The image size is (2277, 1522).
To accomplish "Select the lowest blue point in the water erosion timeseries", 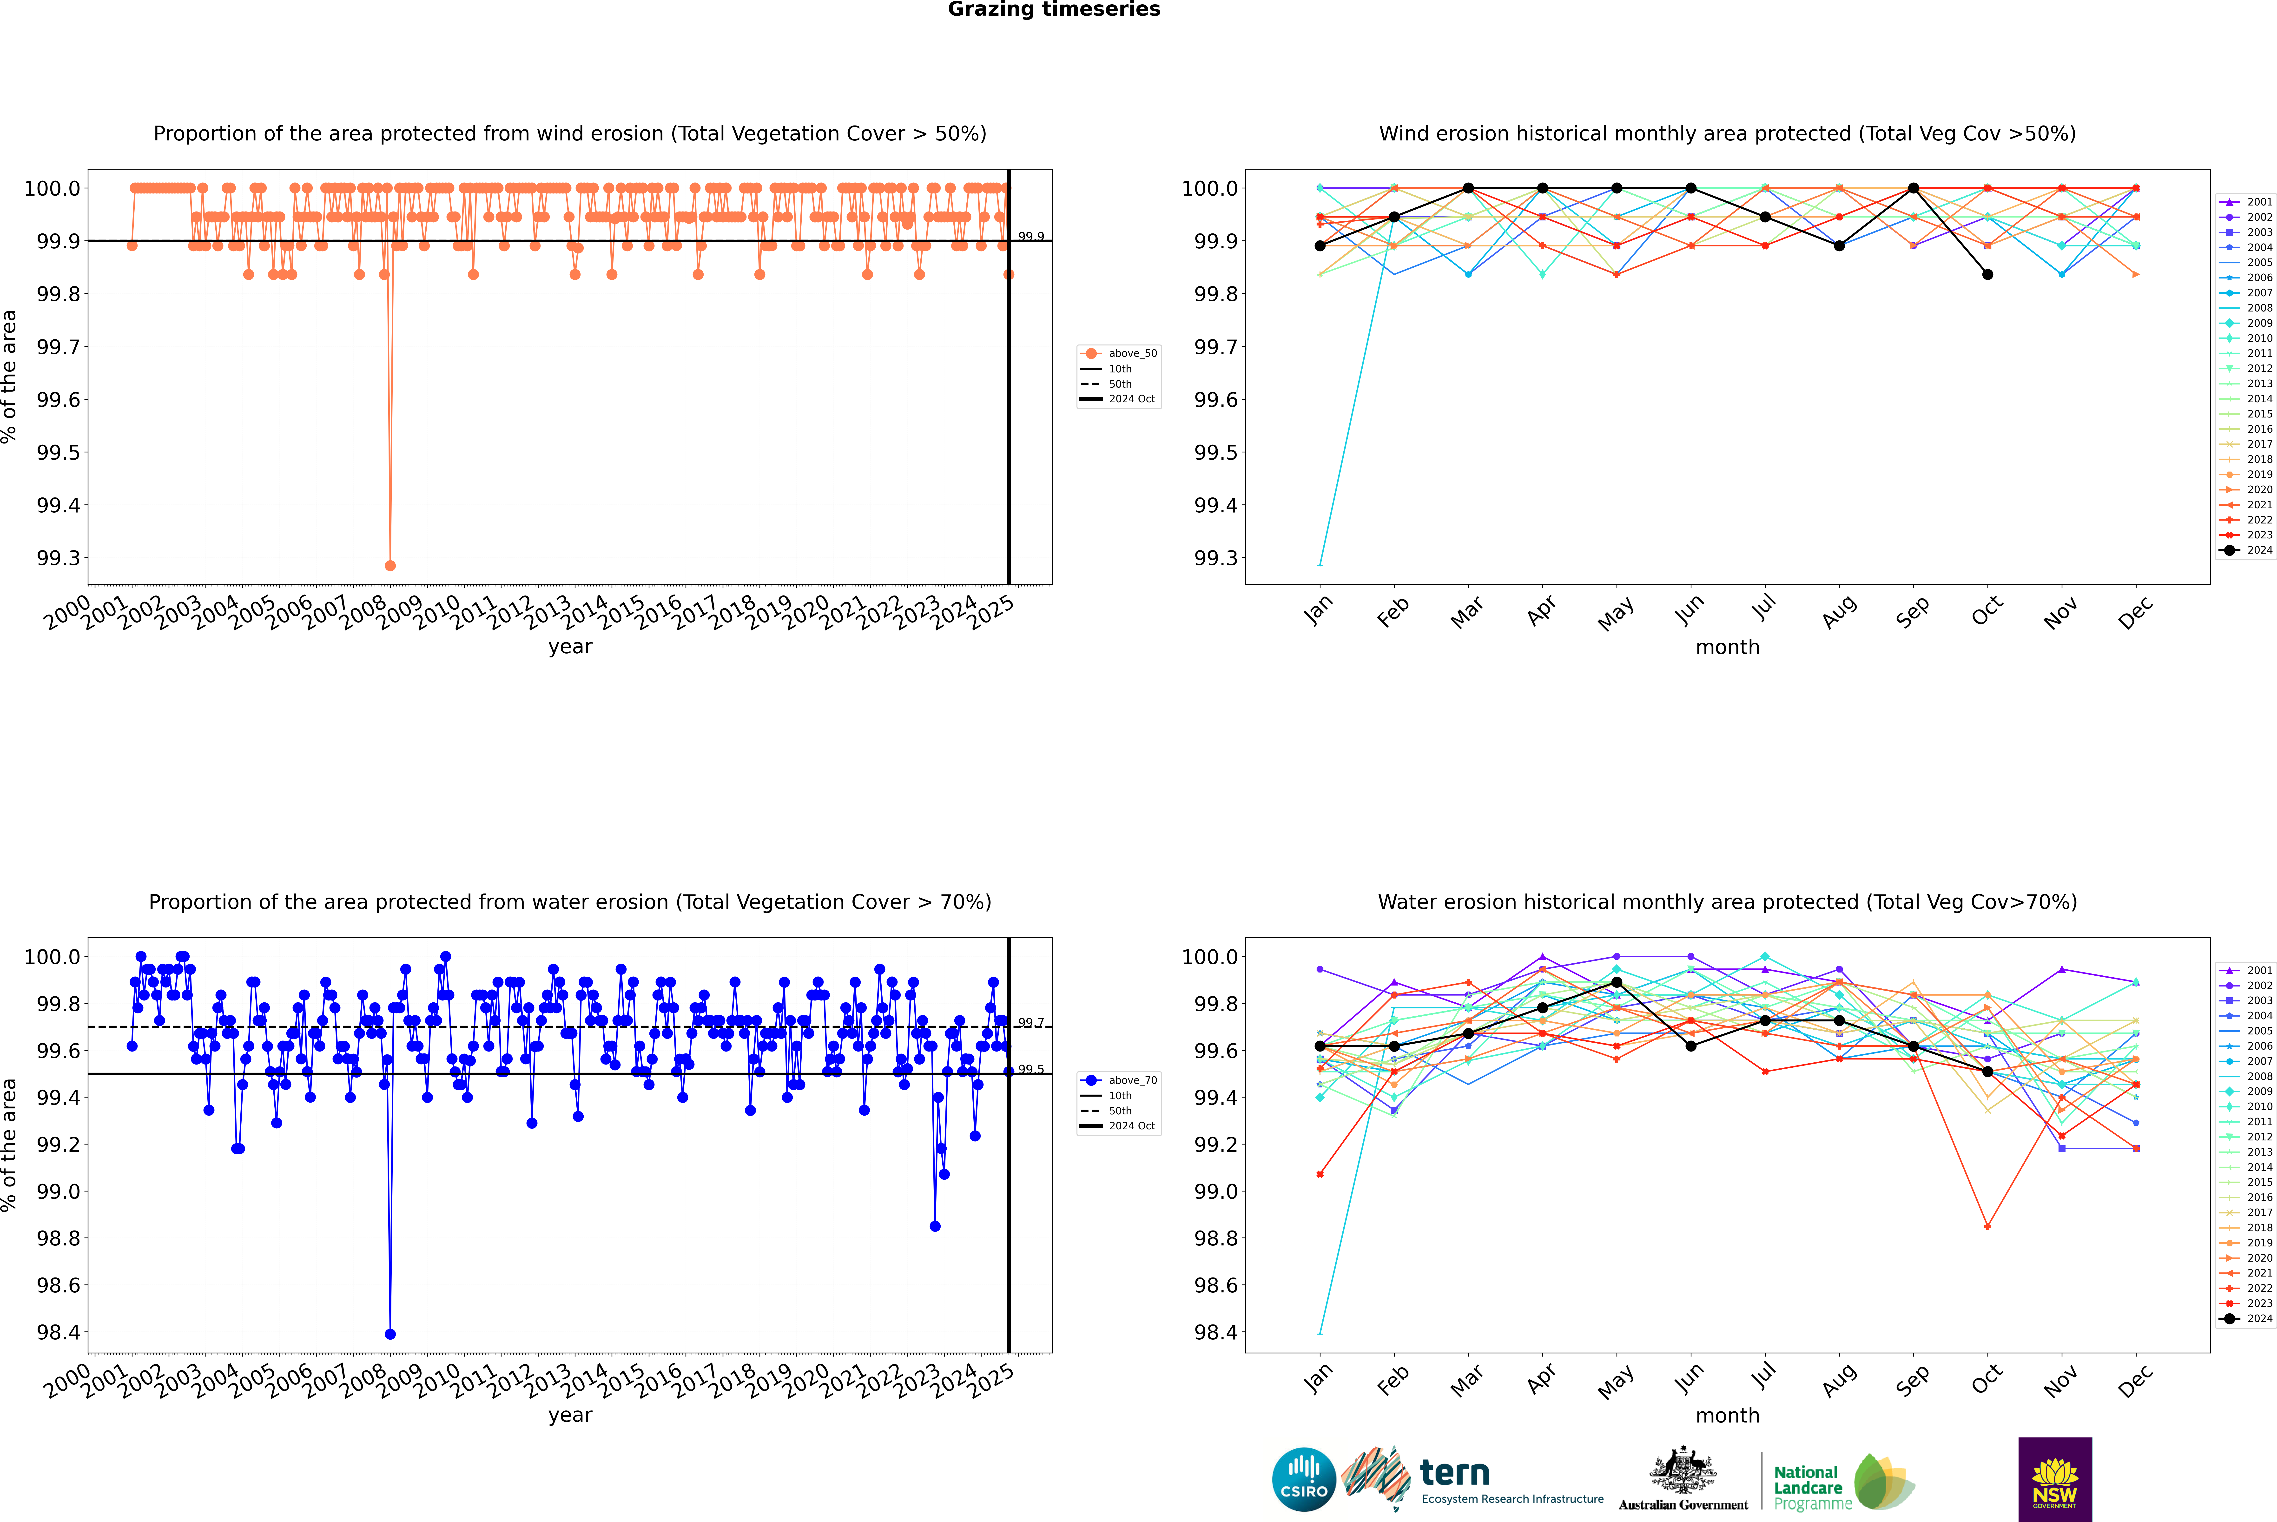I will tap(390, 1334).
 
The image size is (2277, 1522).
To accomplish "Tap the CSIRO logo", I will tap(1304, 1479).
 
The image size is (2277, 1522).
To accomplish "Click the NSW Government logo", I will tap(2055, 1479).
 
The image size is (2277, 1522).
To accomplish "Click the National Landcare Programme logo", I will tap(1842, 1482).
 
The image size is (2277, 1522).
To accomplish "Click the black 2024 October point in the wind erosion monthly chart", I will tap(1988, 275).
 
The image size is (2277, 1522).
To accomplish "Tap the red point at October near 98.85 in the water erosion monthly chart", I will tap(1988, 1226).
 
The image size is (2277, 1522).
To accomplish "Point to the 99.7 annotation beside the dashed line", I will tap(1031, 1023).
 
